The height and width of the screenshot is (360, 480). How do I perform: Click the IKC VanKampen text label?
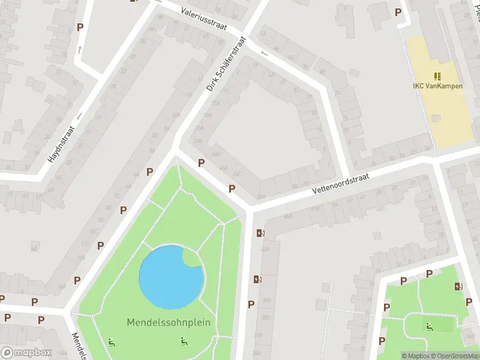(437, 85)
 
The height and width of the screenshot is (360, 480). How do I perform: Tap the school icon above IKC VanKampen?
(437, 76)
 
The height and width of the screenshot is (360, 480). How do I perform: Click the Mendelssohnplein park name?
(169, 322)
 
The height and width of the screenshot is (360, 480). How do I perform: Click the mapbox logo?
(26, 353)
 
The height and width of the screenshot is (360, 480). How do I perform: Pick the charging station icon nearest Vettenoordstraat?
(260, 233)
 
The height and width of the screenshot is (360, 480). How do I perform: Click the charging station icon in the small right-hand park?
(458, 286)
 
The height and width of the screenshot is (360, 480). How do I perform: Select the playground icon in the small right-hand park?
(428, 326)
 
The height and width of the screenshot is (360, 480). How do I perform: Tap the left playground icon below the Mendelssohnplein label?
(112, 343)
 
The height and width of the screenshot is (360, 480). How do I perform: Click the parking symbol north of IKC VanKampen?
(397, 12)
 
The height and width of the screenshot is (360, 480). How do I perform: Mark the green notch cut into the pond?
(191, 258)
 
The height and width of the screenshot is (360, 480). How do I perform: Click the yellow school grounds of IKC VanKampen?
(444, 114)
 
